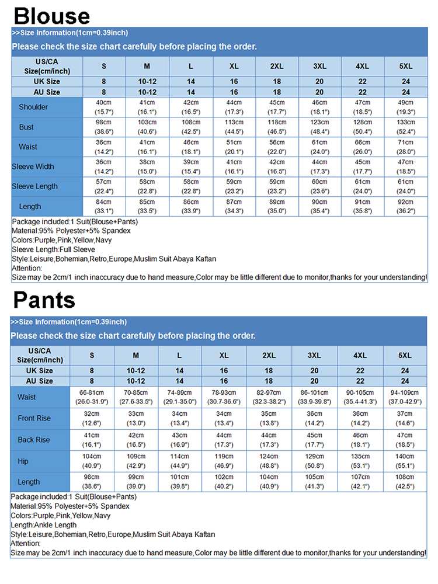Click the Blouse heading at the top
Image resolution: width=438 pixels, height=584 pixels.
coord(51,16)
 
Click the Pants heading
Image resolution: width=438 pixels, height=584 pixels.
coord(44,300)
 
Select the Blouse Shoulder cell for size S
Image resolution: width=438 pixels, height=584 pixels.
coord(104,107)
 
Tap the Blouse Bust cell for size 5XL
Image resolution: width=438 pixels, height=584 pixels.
coord(406,127)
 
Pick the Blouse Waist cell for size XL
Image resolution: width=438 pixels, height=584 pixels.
coord(234,147)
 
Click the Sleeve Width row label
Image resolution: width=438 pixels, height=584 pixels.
coord(33,166)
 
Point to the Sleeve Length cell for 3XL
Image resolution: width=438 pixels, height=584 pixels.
coord(319,186)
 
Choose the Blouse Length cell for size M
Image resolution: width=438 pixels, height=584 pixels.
coord(147,206)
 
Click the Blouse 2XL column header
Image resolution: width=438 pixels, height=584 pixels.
coord(277,66)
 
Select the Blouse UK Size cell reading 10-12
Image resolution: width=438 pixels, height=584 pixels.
coord(147,82)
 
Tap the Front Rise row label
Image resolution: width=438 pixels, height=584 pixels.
coord(34,418)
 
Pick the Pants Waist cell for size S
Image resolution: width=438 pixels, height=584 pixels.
coord(92,397)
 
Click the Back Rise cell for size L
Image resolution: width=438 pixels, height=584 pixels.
coord(179,439)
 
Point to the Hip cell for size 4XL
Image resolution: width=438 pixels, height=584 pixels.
coord(360,461)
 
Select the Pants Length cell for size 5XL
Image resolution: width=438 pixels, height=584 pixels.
coord(405,481)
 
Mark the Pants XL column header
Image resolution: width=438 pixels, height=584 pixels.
coord(224,355)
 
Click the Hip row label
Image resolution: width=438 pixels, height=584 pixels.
coord(23,461)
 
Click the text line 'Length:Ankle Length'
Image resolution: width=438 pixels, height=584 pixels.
coord(44,525)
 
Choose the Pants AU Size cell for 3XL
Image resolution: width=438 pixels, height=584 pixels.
coord(314,381)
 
